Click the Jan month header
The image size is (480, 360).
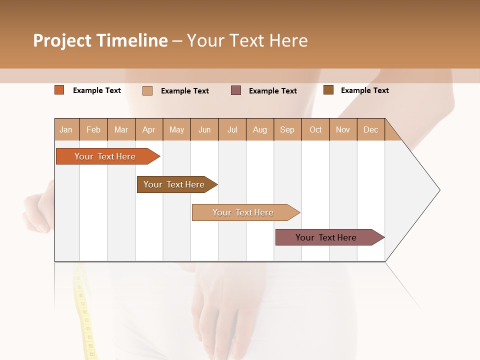tap(66, 129)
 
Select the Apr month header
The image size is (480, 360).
tap(149, 129)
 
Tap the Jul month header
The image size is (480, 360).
tap(232, 129)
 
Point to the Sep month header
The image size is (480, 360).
tap(287, 129)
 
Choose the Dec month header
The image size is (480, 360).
tap(370, 129)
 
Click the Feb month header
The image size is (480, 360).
tap(93, 129)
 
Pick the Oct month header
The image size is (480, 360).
tap(315, 129)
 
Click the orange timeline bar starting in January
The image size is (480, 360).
tap(105, 156)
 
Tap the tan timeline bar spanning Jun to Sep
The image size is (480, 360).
tap(243, 212)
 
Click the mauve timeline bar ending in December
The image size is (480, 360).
tap(326, 237)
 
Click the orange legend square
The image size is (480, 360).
tap(59, 90)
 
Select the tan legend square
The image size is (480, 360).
tap(147, 90)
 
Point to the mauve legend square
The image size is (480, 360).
tap(236, 90)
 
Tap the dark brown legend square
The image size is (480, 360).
tap(328, 90)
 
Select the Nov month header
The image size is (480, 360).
tap(343, 129)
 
